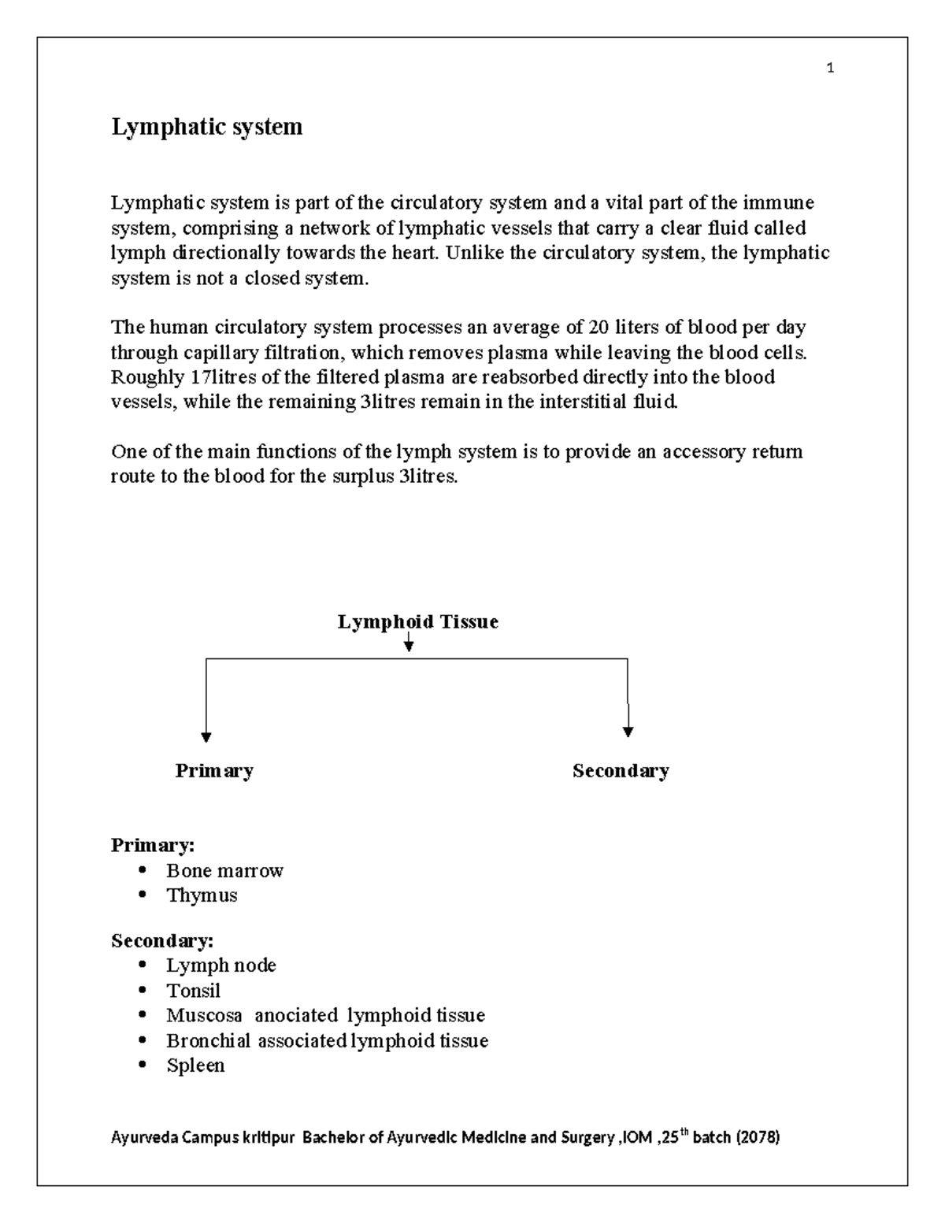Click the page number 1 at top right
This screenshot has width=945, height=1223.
point(830,69)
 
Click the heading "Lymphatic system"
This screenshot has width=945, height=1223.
point(206,127)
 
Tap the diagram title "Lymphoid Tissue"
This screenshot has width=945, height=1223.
point(417,622)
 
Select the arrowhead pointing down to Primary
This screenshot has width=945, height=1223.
point(206,737)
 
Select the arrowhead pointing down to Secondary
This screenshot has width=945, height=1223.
point(628,732)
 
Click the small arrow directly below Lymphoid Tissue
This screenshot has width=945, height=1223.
point(408,646)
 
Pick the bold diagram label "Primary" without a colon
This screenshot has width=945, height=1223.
point(214,770)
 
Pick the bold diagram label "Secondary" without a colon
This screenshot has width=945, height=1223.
point(621,770)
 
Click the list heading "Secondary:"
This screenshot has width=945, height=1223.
point(162,941)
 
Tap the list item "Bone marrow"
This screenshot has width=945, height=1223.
point(224,871)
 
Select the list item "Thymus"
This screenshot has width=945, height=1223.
point(202,895)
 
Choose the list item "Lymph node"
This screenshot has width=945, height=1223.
point(221,965)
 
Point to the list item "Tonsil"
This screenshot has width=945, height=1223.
point(193,991)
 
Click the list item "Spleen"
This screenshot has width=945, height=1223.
point(195,1065)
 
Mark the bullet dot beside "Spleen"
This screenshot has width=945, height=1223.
point(143,1065)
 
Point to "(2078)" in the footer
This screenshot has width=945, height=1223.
point(757,1138)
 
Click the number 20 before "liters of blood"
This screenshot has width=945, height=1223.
point(588,327)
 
